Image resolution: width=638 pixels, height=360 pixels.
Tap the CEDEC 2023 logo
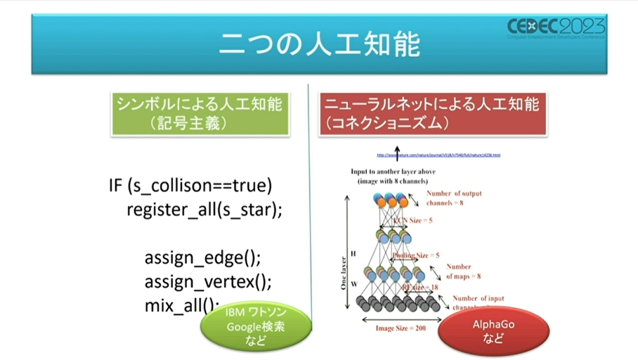pos(555,29)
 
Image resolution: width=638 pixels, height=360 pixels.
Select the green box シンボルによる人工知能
pos(200,112)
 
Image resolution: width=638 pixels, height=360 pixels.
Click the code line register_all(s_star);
pos(204,209)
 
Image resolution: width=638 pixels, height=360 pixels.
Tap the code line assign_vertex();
pos(207,281)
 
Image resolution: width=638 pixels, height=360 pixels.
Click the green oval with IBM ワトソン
pos(256,326)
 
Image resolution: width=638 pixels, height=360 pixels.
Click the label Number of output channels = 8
pos(454,198)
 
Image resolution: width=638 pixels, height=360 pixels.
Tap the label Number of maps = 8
pos(463,271)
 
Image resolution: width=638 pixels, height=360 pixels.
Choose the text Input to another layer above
pos(397,171)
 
